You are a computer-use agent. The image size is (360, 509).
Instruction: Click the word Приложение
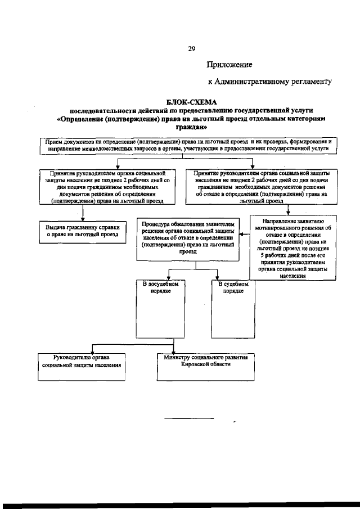point(229,65)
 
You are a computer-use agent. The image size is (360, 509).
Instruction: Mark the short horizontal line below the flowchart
point(189,418)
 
